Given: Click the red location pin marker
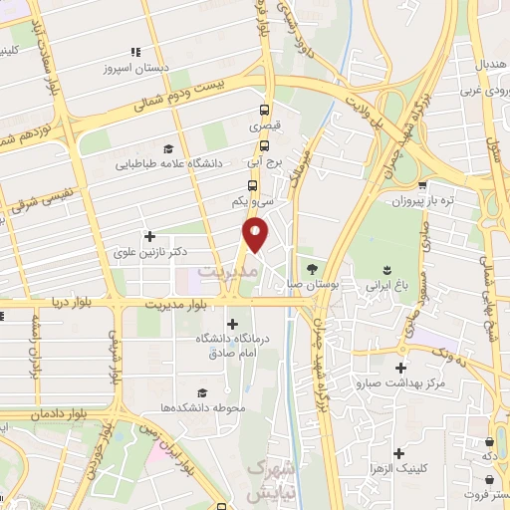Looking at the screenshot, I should [256, 234].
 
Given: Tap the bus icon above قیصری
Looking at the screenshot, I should [264, 111].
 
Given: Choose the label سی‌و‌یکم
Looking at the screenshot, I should [254, 201].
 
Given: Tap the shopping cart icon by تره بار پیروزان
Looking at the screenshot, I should [423, 185].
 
